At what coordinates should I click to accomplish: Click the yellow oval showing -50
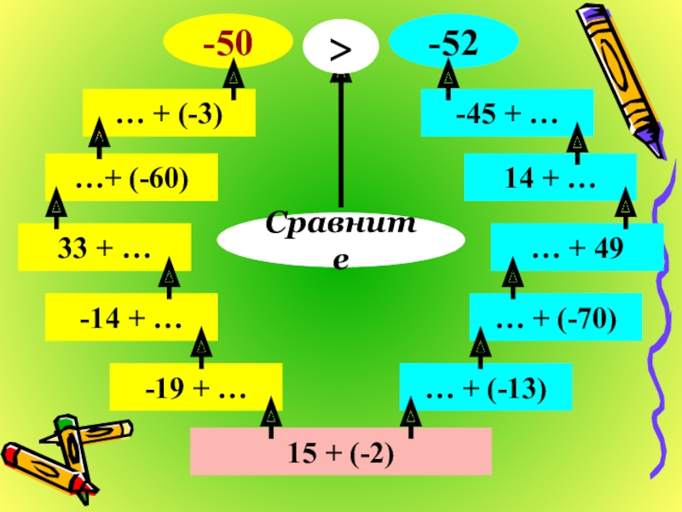(227, 42)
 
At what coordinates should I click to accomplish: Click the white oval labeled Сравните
(340, 241)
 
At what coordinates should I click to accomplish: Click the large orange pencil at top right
(621, 77)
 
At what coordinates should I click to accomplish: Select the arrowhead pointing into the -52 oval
(448, 79)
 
